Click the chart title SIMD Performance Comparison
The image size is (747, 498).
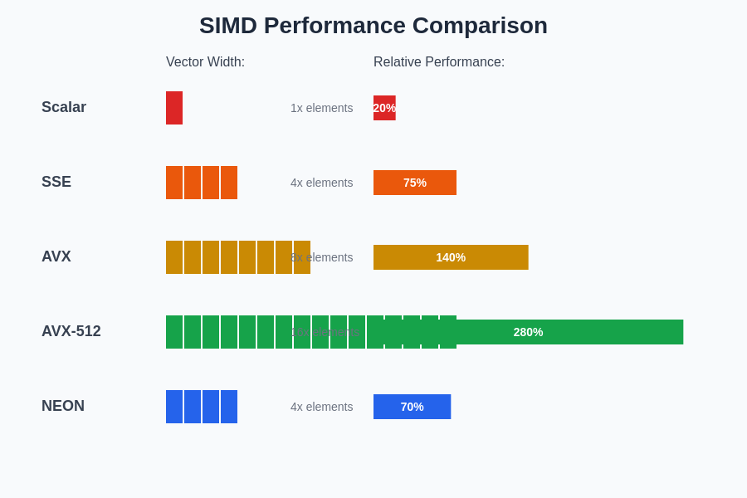pyautogui.click(x=373, y=26)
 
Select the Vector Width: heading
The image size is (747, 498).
pyautogui.click(x=205, y=62)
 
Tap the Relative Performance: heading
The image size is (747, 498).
pyautogui.click(x=438, y=62)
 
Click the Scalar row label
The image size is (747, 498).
pyautogui.click(x=64, y=107)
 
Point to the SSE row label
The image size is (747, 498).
pyautogui.click(x=56, y=182)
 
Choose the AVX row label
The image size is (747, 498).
pyautogui.click(x=56, y=256)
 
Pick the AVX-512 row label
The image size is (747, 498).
pyautogui.click(x=71, y=331)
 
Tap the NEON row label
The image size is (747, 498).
pyautogui.click(x=63, y=406)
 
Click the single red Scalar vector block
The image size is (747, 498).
pyautogui.click(x=174, y=108)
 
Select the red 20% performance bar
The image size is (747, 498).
pyautogui.click(x=384, y=108)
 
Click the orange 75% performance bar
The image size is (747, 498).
pyautogui.click(x=415, y=183)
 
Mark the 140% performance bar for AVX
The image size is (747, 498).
pyautogui.click(x=451, y=257)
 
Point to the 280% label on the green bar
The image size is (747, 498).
pyautogui.click(x=528, y=332)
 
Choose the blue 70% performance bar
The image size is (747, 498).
pyautogui.click(x=412, y=407)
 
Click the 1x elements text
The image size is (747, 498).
pyautogui.click(x=321, y=108)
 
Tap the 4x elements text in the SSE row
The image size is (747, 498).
pyautogui.click(x=321, y=183)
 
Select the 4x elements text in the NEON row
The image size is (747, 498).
pyautogui.click(x=321, y=407)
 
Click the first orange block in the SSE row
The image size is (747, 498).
pyautogui.click(x=174, y=183)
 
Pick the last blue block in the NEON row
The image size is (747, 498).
pyautogui.click(x=229, y=407)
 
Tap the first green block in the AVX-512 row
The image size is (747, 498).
pyautogui.click(x=174, y=332)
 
